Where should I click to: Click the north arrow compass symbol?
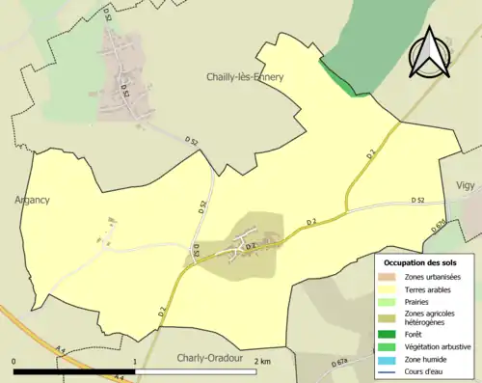click(428, 53)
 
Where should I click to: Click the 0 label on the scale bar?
click(14, 362)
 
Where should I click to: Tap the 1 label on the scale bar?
click(135, 362)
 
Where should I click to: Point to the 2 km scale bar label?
click(260, 362)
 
